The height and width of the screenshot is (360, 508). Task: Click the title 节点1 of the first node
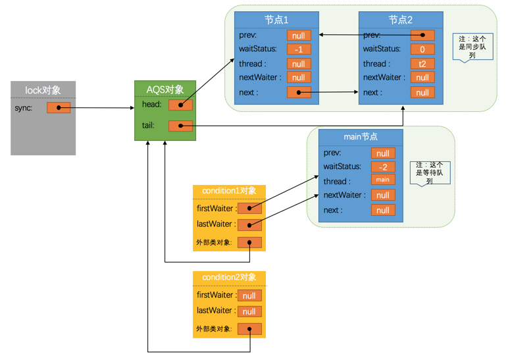[x=276, y=20]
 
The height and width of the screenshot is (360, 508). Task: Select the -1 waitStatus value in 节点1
[x=298, y=49]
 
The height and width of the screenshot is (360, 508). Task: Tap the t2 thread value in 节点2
[x=422, y=64]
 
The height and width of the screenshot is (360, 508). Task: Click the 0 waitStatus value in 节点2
[x=422, y=49]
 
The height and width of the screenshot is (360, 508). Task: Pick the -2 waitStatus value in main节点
[x=383, y=167]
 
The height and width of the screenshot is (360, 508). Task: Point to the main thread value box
[x=383, y=180]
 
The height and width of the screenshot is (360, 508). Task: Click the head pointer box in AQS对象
[x=180, y=105]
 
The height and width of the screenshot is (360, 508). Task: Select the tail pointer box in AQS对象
[x=180, y=126]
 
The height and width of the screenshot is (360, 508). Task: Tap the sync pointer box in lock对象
[x=59, y=108]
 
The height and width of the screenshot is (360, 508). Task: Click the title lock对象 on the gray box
[x=43, y=90]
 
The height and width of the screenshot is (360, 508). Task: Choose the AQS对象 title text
[x=164, y=89]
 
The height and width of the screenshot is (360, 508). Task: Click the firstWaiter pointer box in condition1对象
[x=249, y=209]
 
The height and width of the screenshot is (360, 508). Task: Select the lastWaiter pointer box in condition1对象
[x=249, y=225]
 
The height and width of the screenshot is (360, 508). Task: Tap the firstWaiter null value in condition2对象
[x=249, y=296]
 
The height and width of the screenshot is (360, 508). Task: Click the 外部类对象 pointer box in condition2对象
[x=249, y=329]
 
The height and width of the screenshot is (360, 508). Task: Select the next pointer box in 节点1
[x=298, y=93]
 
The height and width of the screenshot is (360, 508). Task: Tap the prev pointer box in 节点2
[x=422, y=35]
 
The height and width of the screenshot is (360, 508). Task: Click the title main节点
[x=361, y=137]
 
